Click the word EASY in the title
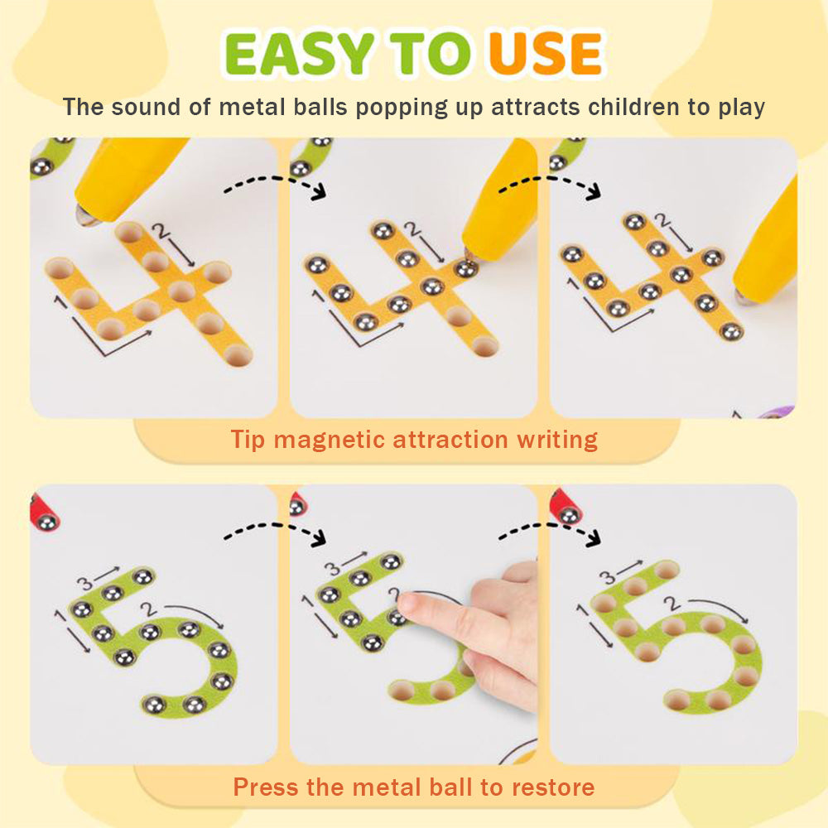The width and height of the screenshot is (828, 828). point(300,54)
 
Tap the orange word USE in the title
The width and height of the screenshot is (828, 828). point(546,54)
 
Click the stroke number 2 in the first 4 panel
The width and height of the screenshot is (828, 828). point(160,231)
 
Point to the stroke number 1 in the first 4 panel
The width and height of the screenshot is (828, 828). point(60,302)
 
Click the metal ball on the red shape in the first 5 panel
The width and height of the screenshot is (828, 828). point(46,522)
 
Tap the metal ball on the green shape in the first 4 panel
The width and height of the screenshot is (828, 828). point(41,167)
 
